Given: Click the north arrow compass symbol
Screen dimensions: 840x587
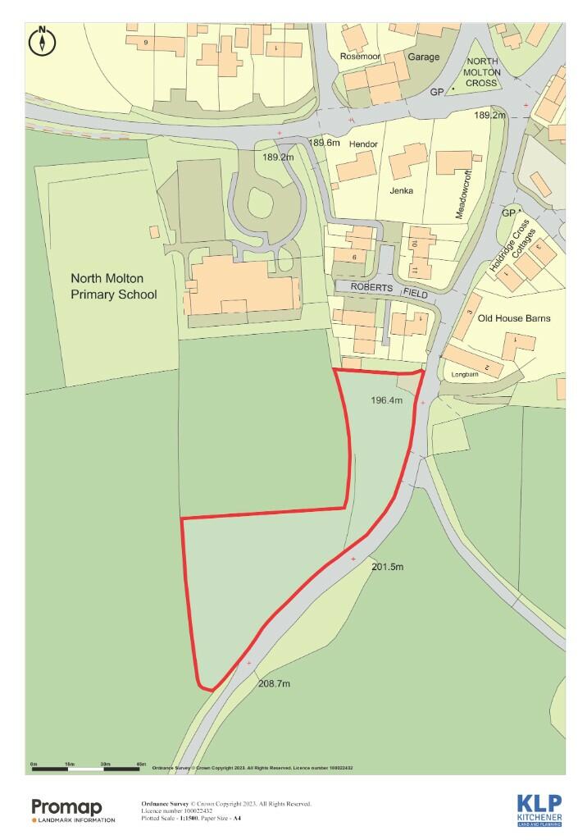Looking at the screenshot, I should point(41,41).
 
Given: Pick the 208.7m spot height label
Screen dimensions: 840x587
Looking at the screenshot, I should point(275,683).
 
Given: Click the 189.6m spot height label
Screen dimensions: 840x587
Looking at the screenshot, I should point(324,143).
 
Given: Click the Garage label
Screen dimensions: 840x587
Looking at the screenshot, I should point(423,57).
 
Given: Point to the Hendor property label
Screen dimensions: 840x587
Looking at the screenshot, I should point(363,144).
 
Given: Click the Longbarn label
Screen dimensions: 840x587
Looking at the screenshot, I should point(465,375).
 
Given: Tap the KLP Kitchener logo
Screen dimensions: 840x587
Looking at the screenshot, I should point(539,810).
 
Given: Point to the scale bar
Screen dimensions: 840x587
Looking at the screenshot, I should point(89,766).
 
